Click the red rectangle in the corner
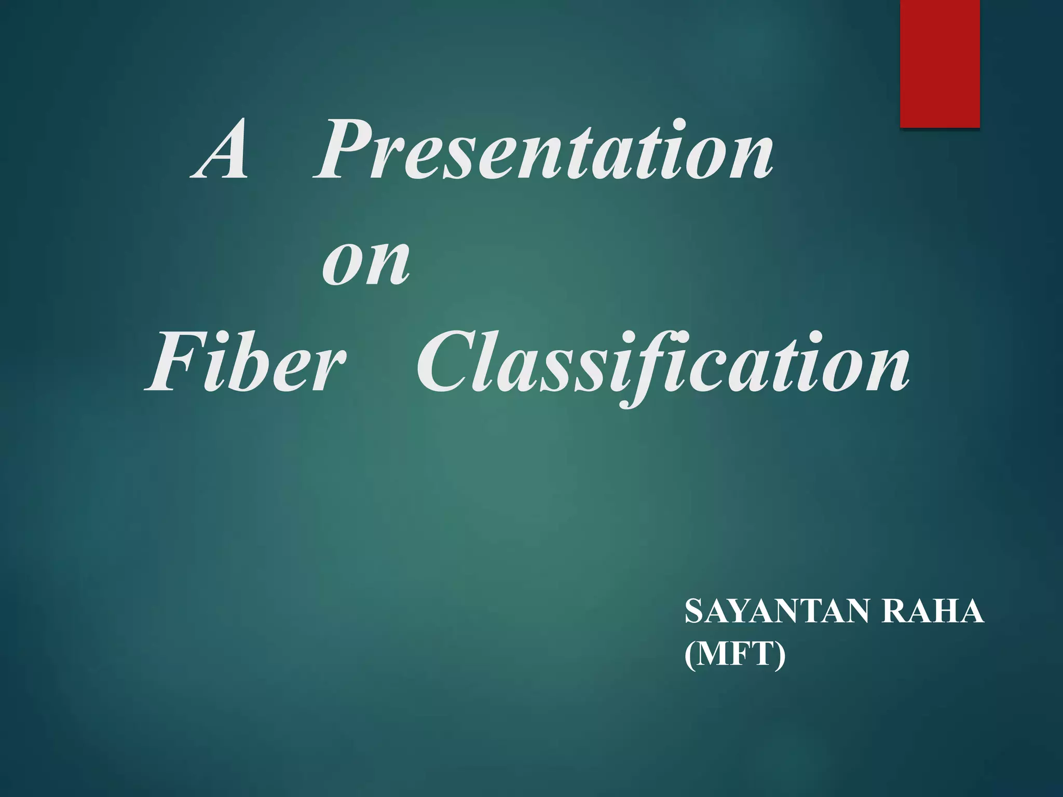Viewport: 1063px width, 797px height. (x=939, y=63)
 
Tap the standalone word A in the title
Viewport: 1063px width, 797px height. (x=221, y=150)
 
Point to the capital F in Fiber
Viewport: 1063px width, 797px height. (x=171, y=363)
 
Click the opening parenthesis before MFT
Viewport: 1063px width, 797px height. (x=690, y=655)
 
